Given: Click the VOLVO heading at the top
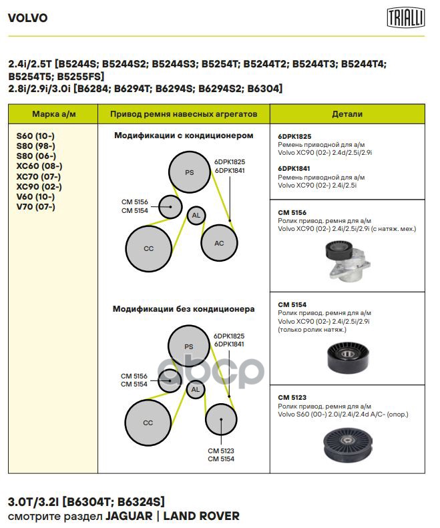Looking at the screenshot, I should pyautogui.click(x=27, y=18).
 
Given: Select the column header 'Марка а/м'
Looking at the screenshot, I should pyautogui.click(x=55, y=114).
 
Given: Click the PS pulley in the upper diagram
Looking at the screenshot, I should pyautogui.click(x=189, y=172).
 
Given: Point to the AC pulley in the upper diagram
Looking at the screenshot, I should pyautogui.click(x=219, y=243).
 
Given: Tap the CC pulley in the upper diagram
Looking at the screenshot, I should pyautogui.click(x=148, y=248).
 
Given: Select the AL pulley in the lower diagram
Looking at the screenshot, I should pyautogui.click(x=195, y=389).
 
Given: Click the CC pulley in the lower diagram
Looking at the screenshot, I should pyautogui.click(x=148, y=423).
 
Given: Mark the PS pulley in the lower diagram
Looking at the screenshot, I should pyautogui.click(x=188, y=346).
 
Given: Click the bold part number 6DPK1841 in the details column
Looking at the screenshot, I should pyautogui.click(x=294, y=169).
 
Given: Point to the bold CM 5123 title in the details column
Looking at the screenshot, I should pyautogui.click(x=292, y=397).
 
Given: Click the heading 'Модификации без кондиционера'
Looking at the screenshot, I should pyautogui.click(x=184, y=309).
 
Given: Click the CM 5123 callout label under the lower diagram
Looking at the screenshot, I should pyautogui.click(x=220, y=450).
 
